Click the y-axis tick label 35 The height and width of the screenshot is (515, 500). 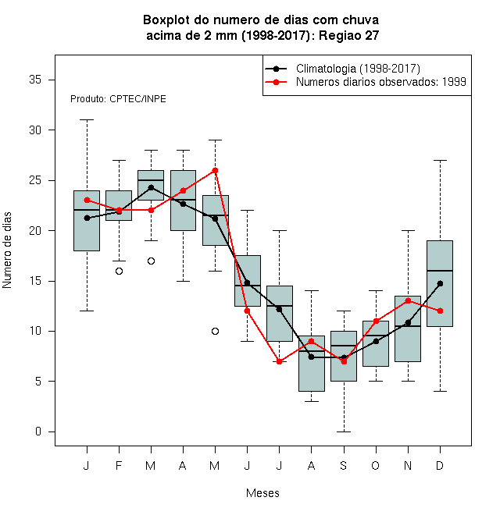[x=35, y=80]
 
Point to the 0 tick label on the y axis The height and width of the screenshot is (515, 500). [x=38, y=432]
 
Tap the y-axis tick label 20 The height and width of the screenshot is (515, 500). [x=35, y=230]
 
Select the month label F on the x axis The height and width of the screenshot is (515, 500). [x=119, y=465]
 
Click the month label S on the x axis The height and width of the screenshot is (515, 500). [x=344, y=465]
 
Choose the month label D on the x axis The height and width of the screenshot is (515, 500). [x=440, y=465]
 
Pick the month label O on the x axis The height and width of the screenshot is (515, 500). [x=375, y=465]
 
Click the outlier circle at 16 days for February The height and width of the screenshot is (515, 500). [x=119, y=271]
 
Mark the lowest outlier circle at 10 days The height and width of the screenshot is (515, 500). [x=215, y=331]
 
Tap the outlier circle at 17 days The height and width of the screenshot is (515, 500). [x=151, y=261]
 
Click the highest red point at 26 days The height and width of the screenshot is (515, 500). [x=215, y=170]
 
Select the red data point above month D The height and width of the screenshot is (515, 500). [x=440, y=311]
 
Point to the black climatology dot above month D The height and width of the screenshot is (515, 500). [x=440, y=283]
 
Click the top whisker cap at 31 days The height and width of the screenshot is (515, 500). [x=87, y=120]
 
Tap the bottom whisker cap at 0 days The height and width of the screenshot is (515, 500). [x=344, y=432]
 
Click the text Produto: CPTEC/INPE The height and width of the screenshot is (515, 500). [x=118, y=99]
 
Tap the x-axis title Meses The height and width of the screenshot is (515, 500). [x=262, y=493]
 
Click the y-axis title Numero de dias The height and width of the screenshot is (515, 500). [x=7, y=250]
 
